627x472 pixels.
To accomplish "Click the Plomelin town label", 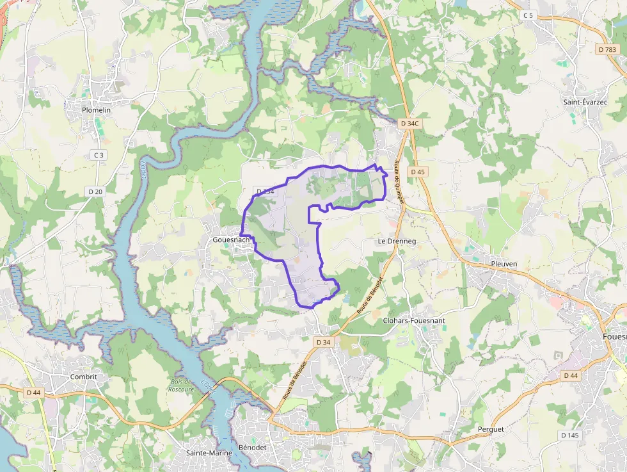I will (96, 110).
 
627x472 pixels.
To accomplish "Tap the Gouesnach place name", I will (231, 240).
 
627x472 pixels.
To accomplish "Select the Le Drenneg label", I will (397, 241).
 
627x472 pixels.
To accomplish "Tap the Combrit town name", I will (84, 377).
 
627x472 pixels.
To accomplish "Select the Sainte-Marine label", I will (209, 453).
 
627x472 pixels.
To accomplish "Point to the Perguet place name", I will (491, 428).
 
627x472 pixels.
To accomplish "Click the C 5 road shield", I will (527, 15).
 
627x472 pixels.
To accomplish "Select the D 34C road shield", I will (408, 123).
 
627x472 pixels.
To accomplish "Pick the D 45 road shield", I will (418, 172).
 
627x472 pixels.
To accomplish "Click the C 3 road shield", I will (98, 155).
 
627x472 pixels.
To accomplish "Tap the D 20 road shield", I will (95, 191).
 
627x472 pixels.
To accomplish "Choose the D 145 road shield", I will (569, 435).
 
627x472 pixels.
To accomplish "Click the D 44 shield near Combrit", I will (34, 392).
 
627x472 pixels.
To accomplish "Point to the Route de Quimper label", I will (399, 181).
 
